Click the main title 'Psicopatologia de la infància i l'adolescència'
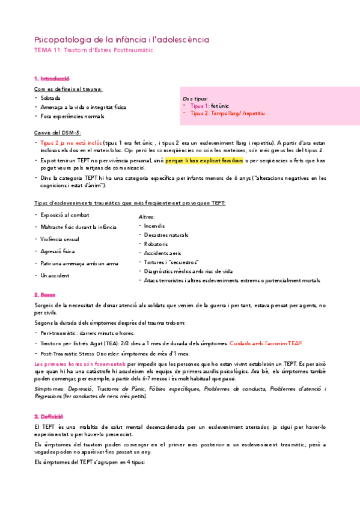tap(122, 39)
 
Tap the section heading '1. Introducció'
tap(52, 79)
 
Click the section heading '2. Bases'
tap(44, 295)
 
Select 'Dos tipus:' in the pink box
tap(195, 98)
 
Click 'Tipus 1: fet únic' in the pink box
tap(207, 105)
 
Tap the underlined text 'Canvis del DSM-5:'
tap(58, 132)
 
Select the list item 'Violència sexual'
tap(59, 239)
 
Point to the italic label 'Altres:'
tap(147, 217)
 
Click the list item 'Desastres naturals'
tap(166, 235)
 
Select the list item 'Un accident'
tap(55, 275)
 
